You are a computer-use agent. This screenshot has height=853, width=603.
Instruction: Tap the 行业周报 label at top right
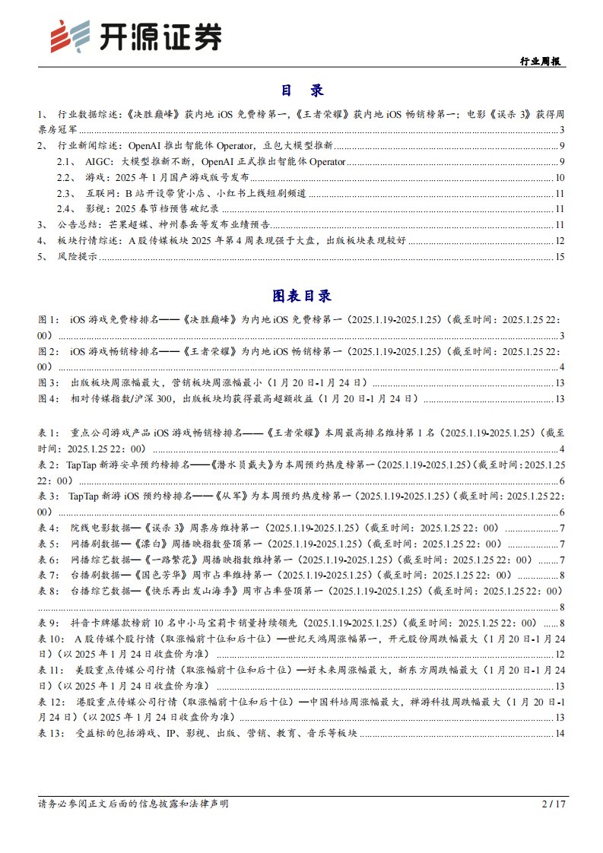click(x=542, y=62)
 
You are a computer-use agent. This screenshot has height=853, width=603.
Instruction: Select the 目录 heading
click(x=302, y=90)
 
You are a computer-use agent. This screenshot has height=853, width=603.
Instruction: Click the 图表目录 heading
click(x=302, y=296)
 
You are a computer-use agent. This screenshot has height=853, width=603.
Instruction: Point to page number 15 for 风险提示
click(x=559, y=257)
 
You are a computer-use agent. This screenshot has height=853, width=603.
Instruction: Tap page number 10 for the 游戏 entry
click(x=559, y=177)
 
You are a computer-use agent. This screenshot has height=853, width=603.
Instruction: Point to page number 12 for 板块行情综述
click(x=559, y=241)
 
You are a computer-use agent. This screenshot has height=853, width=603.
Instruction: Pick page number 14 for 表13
click(x=559, y=733)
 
